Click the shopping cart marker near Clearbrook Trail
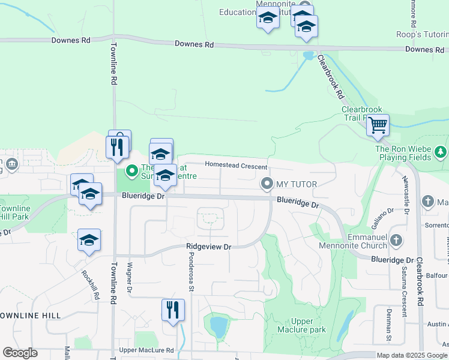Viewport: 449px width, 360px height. tap(378, 126)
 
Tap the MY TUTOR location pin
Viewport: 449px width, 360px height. tap(265, 183)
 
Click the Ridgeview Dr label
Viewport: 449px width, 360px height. tap(208, 247)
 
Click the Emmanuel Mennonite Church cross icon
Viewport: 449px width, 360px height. tap(396, 241)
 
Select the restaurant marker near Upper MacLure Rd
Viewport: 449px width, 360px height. tap(173, 310)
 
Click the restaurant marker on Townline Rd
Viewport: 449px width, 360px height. tap(117, 147)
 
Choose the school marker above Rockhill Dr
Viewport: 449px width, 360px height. tap(89, 241)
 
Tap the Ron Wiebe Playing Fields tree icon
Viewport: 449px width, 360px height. tap(442, 151)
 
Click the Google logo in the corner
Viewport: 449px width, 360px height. tap(20, 353)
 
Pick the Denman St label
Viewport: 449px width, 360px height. tap(388, 331)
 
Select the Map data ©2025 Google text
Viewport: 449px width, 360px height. tap(412, 355)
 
